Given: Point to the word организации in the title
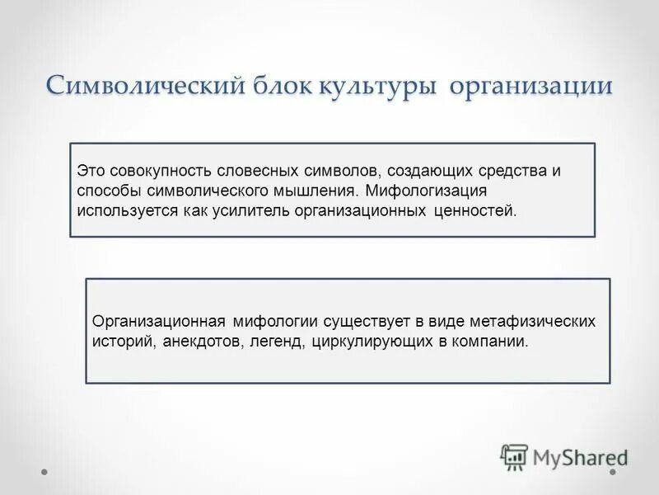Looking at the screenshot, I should click(x=530, y=87).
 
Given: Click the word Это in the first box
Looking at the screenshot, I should click(x=91, y=172).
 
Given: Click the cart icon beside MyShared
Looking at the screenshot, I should click(x=514, y=456).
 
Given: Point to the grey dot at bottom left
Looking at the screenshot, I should click(x=45, y=473).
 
